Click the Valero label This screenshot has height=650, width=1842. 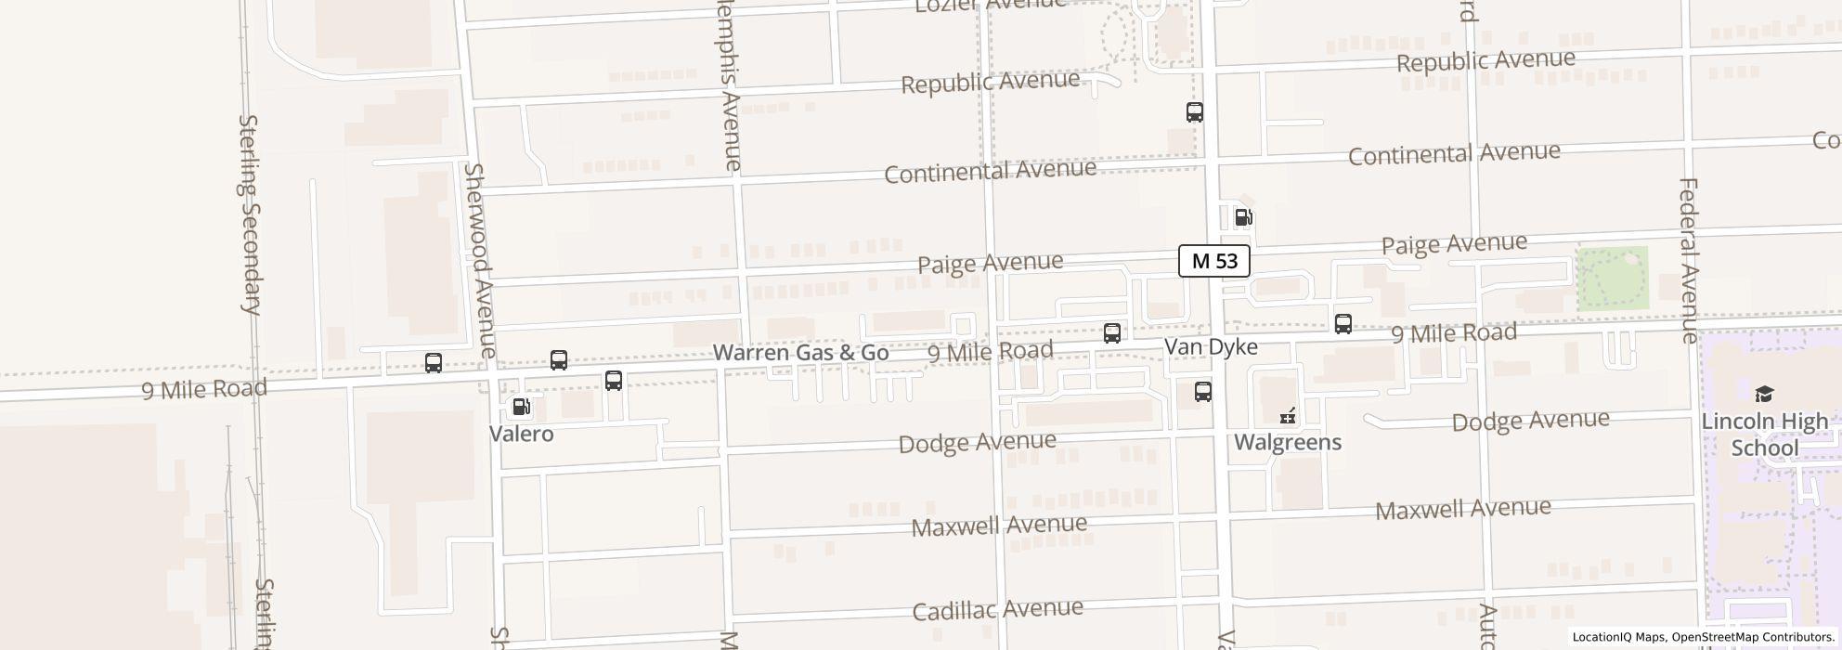click(521, 434)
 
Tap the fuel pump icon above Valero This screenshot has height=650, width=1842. click(521, 407)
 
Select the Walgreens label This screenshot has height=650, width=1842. click(1287, 442)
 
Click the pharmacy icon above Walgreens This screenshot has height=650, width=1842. click(1287, 415)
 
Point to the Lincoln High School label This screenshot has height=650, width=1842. click(1764, 435)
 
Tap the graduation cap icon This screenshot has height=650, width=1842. click(1764, 395)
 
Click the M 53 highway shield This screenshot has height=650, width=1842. click(1213, 261)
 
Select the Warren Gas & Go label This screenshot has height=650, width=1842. click(800, 353)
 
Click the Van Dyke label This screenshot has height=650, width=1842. click(1211, 347)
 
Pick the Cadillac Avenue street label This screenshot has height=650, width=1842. click(997, 610)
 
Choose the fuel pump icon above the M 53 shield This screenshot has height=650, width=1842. click(1242, 218)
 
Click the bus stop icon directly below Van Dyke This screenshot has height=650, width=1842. click(1202, 392)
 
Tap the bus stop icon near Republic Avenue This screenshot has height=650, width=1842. click(1194, 112)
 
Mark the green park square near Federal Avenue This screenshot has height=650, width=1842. click(1614, 278)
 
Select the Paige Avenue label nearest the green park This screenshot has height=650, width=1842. click(1454, 244)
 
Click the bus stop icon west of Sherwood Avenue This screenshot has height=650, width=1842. click(433, 363)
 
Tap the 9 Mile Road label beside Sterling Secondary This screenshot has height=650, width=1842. click(204, 388)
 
